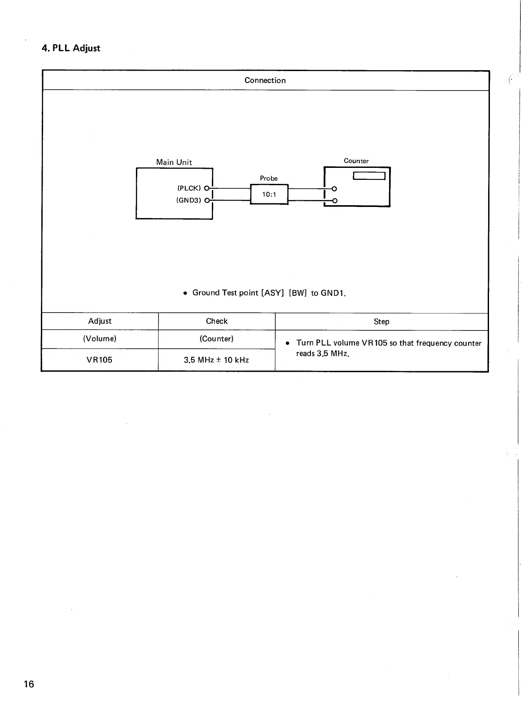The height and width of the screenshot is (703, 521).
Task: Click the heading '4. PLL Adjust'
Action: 71,48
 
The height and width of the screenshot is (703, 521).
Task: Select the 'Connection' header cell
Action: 265,80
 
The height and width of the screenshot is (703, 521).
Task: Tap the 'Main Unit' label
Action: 174,162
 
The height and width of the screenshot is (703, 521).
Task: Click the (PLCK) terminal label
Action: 189,188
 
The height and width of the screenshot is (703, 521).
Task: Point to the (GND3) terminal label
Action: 189,200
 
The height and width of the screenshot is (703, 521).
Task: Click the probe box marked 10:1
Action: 269,195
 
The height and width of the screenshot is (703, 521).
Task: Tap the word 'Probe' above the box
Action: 269,178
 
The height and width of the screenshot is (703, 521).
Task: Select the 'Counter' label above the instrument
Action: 356,161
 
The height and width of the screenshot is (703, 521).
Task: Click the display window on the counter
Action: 369,176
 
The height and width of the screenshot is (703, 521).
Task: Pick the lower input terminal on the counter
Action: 334,201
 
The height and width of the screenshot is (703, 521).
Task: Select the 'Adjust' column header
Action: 100,321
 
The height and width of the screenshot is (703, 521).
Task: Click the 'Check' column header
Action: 217,321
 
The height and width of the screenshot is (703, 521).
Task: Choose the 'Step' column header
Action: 382,322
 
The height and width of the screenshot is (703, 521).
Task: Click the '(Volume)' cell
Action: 100,339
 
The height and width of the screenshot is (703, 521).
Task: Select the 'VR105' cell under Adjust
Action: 99,360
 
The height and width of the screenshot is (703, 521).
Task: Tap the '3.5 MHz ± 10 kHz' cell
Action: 216,360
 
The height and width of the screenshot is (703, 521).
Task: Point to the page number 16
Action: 29,684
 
